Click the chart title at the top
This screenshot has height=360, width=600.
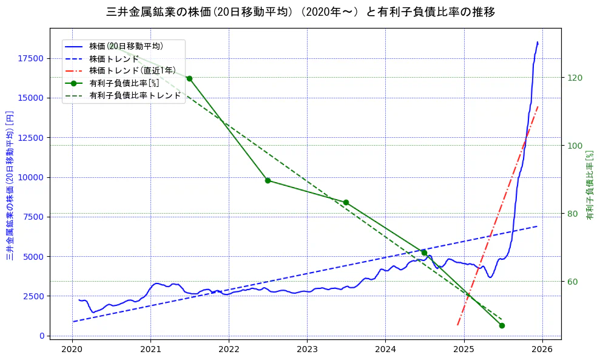300,12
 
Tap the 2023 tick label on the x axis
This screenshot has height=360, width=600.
307,349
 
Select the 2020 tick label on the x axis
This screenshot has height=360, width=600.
72,349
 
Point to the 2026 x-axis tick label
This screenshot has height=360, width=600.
542,349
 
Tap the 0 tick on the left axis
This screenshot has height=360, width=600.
42,336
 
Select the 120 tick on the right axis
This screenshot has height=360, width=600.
574,78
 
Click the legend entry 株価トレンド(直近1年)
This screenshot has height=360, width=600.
126,70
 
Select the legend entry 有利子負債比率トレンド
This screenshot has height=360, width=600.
135,95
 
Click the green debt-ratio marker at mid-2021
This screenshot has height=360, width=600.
189,78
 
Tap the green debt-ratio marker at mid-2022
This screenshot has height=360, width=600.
268,180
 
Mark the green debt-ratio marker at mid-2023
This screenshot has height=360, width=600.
346,202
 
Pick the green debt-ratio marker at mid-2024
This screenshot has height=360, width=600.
424,253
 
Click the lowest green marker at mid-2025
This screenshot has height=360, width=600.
502,325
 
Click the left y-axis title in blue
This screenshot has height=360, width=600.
10,185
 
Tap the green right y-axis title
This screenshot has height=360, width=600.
589,185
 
